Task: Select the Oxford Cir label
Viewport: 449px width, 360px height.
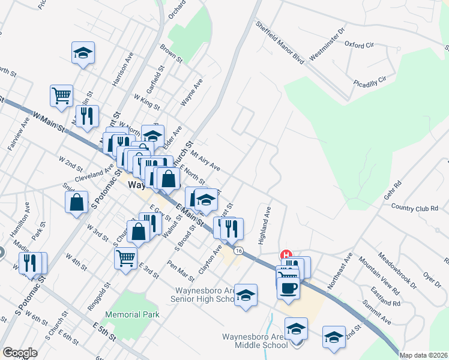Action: click(359, 44)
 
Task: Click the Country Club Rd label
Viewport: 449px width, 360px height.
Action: click(419, 208)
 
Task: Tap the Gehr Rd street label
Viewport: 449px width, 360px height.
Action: click(393, 191)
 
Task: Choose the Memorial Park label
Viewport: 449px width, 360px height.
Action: click(133, 314)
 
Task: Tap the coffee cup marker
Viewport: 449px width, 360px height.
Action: click(289, 288)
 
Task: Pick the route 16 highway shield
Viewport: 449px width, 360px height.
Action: click(239, 250)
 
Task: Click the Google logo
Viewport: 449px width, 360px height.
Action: click(20, 353)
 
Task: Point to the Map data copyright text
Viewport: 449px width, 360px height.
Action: click(423, 355)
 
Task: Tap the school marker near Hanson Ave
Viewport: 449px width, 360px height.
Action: click(83, 53)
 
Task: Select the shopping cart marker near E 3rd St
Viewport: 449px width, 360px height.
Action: click(125, 258)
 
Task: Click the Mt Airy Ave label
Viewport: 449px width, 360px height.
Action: click(206, 160)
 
